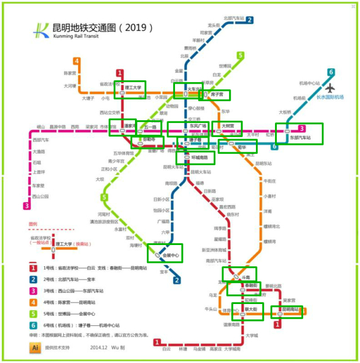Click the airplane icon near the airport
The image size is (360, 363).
330,88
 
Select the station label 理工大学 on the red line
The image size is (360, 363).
133,88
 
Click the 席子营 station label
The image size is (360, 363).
217,94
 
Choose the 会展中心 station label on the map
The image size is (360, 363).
170,256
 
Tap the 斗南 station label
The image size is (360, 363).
245,277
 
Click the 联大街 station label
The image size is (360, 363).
251,309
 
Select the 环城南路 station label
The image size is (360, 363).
199,158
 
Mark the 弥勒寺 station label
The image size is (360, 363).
149,139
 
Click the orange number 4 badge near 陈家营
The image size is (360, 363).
76,61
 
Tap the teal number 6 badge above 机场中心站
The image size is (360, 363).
331,72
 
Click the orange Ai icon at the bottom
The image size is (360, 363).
35,348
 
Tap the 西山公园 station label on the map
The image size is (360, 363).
40,196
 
